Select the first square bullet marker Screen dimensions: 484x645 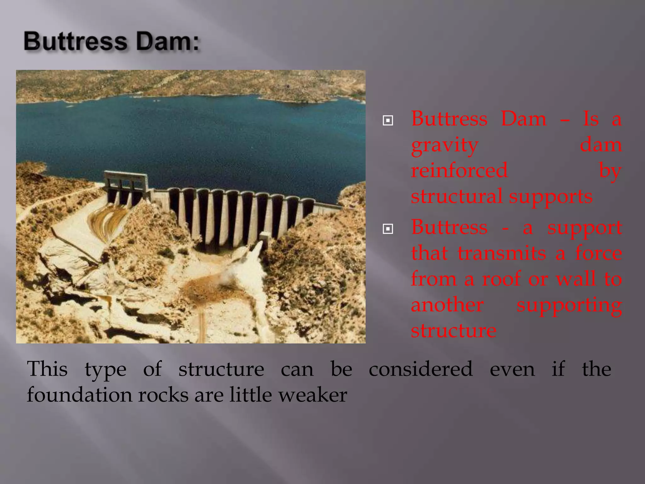click(388, 120)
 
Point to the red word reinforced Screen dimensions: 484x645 click(459, 171)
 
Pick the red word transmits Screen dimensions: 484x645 click(502, 253)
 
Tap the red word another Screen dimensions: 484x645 click(447, 305)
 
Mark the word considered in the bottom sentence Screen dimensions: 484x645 click(421, 369)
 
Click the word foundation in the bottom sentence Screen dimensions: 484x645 click(79, 395)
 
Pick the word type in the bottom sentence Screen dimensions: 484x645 click(106, 370)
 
